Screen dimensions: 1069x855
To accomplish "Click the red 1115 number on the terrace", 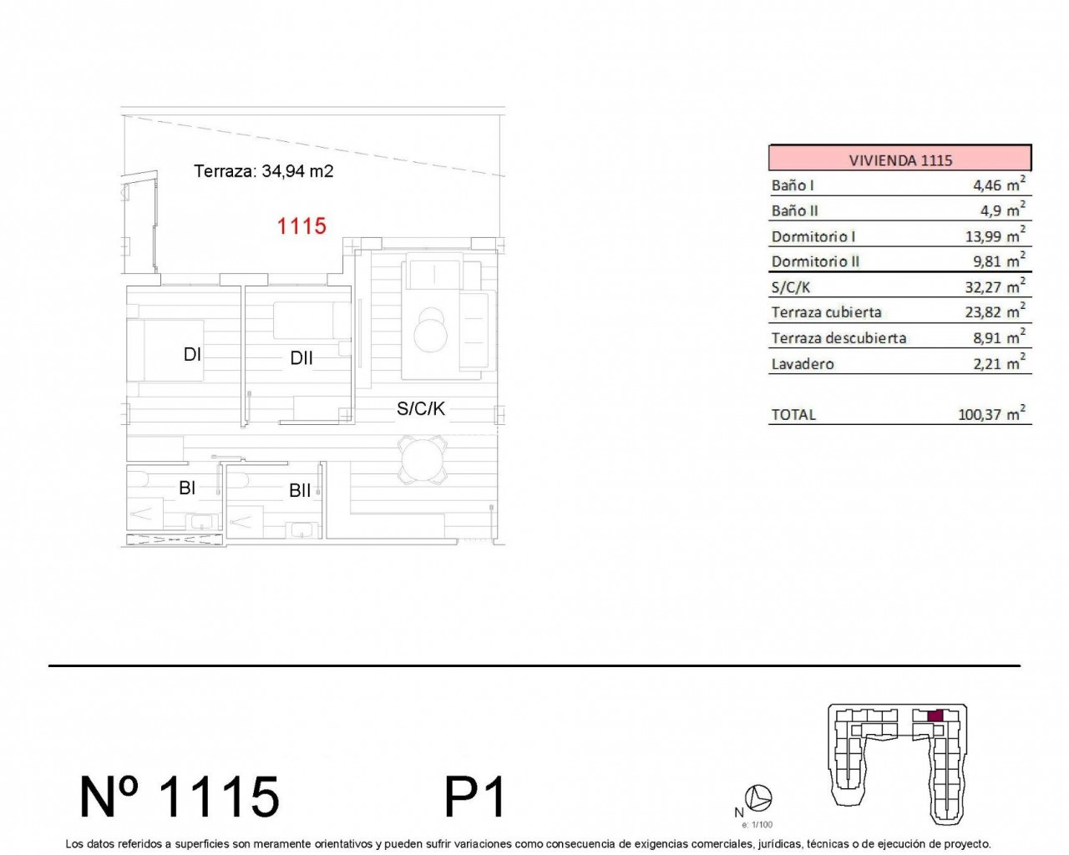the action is [x=301, y=226].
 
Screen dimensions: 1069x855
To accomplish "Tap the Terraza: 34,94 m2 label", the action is [x=263, y=171].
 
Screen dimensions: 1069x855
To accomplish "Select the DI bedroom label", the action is [x=192, y=354].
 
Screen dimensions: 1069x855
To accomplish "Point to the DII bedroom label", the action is [x=301, y=357].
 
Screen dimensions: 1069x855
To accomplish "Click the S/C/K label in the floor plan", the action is [x=421, y=408].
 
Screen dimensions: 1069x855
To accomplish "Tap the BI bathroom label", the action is [x=187, y=488].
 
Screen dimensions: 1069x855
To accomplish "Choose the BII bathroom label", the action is [x=300, y=491].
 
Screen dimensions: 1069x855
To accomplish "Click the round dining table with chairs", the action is [x=423, y=459].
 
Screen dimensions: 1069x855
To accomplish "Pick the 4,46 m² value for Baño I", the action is [x=999, y=185].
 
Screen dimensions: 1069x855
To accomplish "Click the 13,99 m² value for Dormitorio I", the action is [x=995, y=235].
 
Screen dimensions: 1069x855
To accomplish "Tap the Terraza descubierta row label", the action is [x=838, y=338].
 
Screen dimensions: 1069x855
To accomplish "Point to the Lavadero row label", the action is [x=803, y=364].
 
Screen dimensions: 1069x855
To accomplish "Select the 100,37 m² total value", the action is [x=991, y=413].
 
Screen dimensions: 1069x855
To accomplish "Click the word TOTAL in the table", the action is [x=793, y=415].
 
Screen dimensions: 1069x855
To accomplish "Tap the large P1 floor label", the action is [x=475, y=797].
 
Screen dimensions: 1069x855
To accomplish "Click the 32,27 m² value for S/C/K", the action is [x=995, y=286].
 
